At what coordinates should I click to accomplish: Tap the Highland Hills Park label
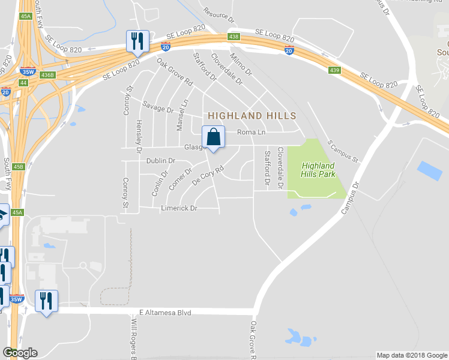point(318,170)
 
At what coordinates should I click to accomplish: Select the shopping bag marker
point(212,138)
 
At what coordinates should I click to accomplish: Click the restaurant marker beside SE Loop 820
point(137,41)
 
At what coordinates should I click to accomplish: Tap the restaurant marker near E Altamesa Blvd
point(46,301)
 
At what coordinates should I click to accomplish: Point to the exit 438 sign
point(234,37)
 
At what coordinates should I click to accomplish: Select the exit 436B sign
point(47,75)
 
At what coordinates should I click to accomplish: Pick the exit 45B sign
point(17,167)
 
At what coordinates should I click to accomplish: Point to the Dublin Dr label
point(160,161)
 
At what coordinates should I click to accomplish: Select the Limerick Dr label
point(179,208)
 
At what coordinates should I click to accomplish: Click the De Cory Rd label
point(208,175)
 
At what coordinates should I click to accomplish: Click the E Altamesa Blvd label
point(164,312)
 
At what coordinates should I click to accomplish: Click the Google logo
point(20,353)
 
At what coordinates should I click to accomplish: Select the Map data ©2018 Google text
point(411,355)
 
